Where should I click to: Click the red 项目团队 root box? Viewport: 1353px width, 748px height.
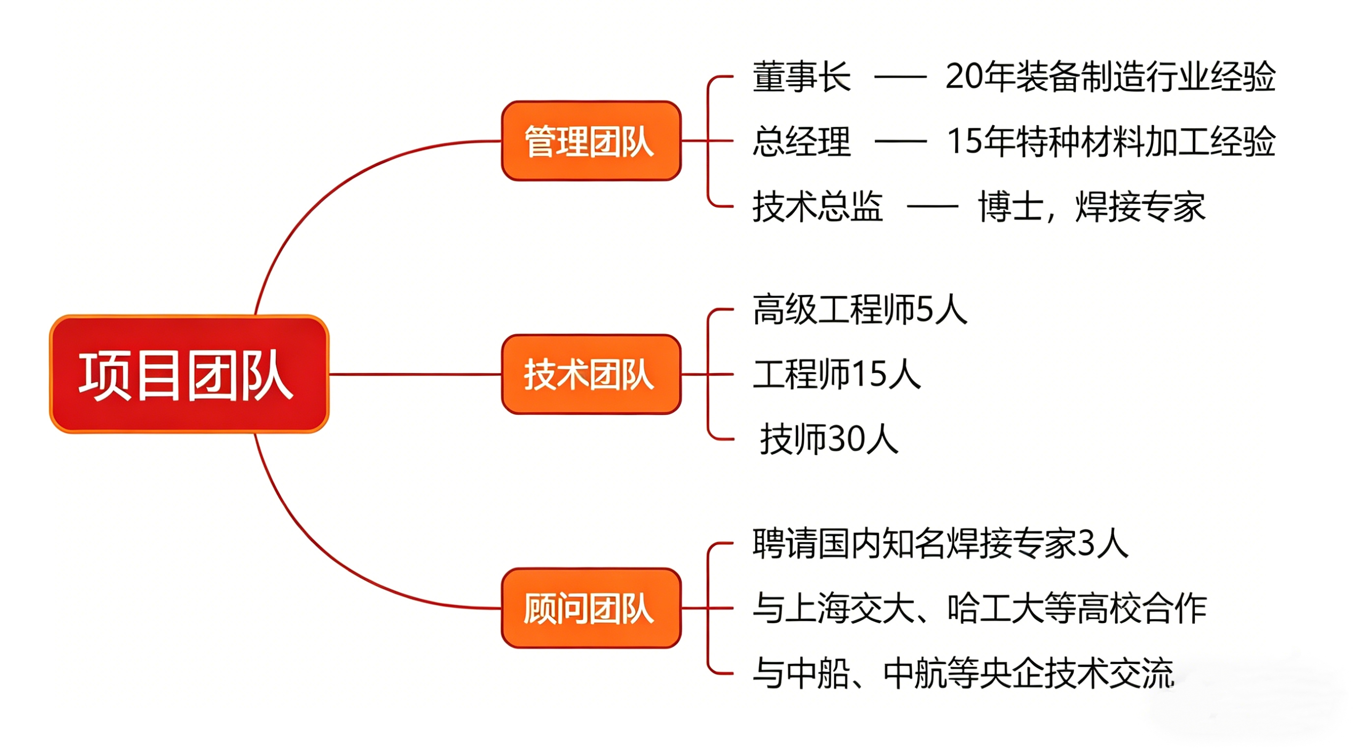189,374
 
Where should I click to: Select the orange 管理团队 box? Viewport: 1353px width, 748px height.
591,141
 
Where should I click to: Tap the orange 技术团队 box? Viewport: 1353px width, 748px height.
591,374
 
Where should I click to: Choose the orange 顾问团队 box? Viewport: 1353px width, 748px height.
591,608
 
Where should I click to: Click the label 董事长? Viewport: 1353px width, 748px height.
801,77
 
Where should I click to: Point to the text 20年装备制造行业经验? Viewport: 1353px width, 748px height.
1110,77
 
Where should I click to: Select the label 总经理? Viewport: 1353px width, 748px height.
801,142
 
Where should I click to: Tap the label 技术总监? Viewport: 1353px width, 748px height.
817,206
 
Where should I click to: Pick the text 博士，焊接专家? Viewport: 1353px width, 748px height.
1092,206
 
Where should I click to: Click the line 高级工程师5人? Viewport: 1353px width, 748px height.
859,310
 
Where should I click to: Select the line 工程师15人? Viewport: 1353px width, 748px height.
836,374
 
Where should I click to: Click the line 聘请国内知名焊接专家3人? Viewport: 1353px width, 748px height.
940,543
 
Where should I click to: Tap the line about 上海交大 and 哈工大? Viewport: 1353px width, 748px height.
979,608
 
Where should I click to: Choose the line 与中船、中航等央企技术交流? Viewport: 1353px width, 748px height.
963,673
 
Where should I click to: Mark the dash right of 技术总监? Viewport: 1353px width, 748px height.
932,206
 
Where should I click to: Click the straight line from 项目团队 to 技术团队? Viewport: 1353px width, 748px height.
415,374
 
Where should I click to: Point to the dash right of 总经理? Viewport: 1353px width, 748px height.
900,142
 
